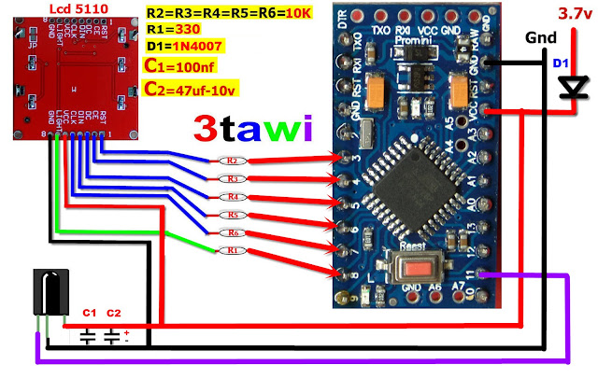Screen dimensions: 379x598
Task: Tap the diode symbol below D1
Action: tap(567, 89)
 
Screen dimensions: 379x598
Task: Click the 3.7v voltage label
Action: tap(573, 14)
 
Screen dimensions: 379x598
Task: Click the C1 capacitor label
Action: tap(90, 313)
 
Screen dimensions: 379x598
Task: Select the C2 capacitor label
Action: tap(114, 313)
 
